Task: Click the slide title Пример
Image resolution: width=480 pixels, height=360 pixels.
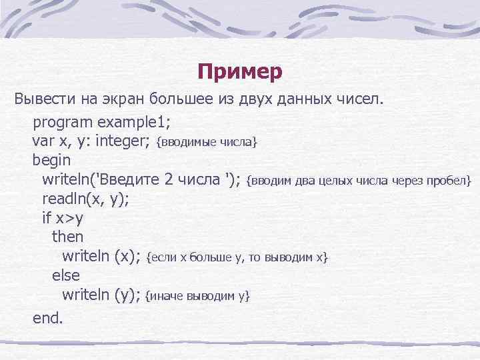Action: pos(240,71)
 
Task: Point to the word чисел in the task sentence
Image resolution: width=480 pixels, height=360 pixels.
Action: pos(359,100)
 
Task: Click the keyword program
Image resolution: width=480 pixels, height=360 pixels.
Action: pos(62,123)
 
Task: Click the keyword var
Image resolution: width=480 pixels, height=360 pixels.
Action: pos(42,141)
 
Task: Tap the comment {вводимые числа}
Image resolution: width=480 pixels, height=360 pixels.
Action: pos(206,142)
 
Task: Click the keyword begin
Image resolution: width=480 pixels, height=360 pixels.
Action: pos(51,161)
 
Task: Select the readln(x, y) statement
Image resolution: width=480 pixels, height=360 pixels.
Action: pos(86,199)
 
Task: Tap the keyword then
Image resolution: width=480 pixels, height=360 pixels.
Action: pos(67,237)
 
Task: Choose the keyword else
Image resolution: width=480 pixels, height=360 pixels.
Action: pos(65,275)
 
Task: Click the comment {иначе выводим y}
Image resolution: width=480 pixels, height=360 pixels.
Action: pos(198,295)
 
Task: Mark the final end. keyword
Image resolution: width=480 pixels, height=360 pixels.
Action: pos(48,318)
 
